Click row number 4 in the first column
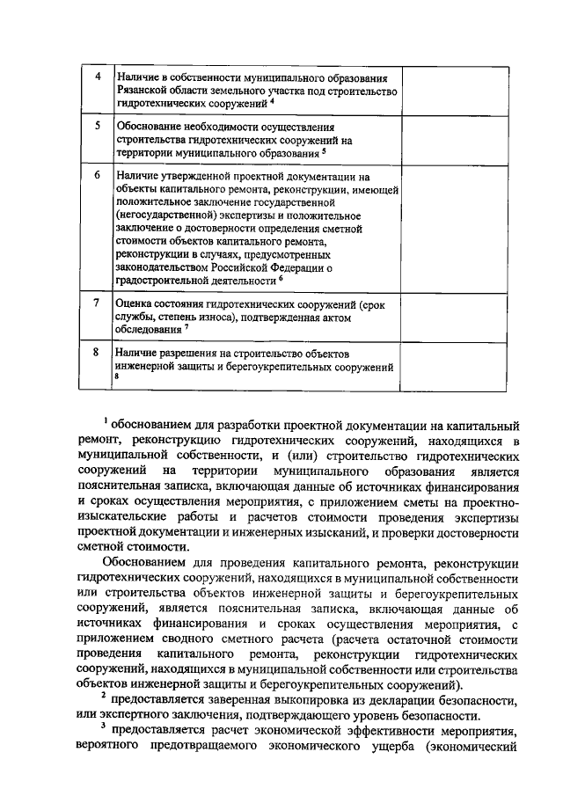point(98,76)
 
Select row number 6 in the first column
point(98,175)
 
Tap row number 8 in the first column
point(98,352)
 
